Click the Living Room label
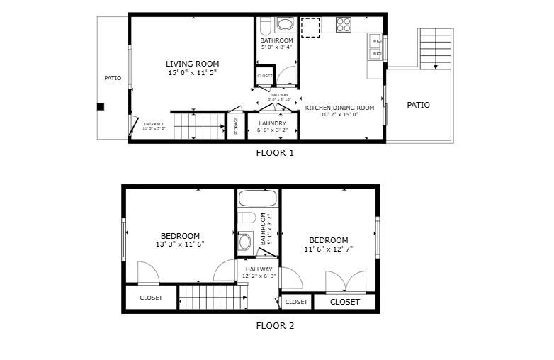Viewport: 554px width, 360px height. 192,63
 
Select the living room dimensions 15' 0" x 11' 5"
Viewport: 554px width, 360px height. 192,72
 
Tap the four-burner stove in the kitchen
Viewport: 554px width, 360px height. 344,25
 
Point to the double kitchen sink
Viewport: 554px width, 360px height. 375,47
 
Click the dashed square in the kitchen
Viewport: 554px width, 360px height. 310,27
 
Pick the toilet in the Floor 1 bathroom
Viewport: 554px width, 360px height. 265,26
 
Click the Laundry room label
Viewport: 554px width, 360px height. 272,123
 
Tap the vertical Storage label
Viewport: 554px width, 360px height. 237,126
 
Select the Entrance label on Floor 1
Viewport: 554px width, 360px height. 154,125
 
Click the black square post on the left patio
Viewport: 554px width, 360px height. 101,106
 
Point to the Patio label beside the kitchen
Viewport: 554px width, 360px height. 418,105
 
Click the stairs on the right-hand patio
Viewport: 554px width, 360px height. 435,48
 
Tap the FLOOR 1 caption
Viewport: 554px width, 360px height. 274,152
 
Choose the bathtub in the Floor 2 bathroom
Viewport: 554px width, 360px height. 258,198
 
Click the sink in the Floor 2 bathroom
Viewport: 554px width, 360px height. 246,242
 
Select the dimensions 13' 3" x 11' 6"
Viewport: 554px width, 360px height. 180,244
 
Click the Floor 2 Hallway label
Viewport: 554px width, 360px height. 259,269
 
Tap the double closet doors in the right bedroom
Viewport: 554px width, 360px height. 346,282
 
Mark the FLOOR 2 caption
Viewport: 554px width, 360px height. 274,326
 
